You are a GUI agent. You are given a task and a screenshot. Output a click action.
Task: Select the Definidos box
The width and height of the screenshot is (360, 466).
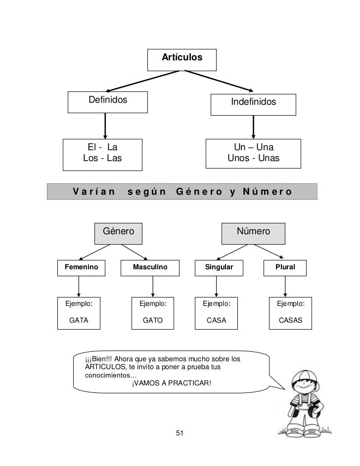(108, 101)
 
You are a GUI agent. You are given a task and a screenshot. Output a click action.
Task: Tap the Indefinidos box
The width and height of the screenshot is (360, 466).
(253, 103)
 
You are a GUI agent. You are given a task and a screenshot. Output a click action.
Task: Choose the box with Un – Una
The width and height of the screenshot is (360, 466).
(253, 153)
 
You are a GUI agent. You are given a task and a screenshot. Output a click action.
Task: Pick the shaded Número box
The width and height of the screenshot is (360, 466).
(253, 232)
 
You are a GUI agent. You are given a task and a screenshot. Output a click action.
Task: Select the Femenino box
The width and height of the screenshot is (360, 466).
(78, 267)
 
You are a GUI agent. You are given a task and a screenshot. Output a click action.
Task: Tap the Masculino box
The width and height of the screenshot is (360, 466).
(150, 267)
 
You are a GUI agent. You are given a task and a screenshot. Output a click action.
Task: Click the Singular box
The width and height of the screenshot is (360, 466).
(216, 267)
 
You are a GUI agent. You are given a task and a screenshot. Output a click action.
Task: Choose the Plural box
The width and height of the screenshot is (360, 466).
(285, 267)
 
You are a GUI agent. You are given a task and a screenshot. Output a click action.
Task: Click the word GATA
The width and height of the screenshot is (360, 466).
(79, 320)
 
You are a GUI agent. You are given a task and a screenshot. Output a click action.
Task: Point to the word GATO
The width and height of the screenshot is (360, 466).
(152, 320)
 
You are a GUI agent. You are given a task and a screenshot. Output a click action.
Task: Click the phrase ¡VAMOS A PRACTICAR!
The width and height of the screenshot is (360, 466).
(172, 382)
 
